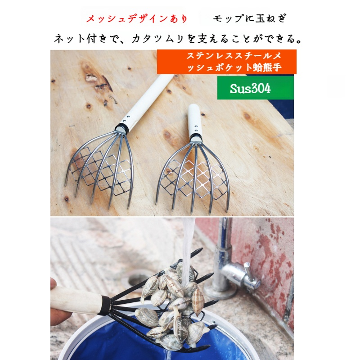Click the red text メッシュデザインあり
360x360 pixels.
pos(137,19)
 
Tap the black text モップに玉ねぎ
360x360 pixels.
pos(250,18)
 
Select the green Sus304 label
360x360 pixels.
pos(255,88)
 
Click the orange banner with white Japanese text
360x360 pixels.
pos(227,62)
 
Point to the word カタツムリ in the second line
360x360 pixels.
pos(158,39)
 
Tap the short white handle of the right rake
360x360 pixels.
pos(195,120)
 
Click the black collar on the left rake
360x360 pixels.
pos(122,128)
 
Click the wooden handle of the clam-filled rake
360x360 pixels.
pos(76,301)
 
